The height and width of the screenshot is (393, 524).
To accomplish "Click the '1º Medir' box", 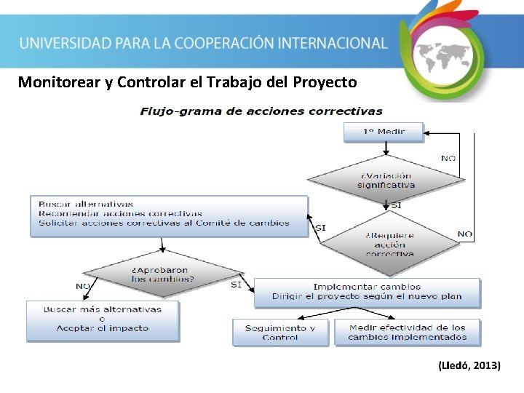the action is (x=384, y=132).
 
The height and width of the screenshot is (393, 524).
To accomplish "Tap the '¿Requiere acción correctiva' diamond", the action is (x=389, y=244).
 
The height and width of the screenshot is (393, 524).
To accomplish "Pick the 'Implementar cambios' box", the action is (x=367, y=292).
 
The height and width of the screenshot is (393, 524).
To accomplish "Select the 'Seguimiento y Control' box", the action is (x=280, y=333).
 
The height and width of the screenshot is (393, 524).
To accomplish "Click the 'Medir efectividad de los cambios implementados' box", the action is (x=408, y=333).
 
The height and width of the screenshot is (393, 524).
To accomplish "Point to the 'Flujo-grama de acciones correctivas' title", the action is (x=261, y=111).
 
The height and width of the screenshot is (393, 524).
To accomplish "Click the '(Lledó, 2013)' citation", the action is (x=469, y=365).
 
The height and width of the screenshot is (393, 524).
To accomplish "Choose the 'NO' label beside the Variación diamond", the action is (x=448, y=158).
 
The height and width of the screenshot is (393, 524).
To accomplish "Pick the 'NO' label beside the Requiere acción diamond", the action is (x=464, y=234).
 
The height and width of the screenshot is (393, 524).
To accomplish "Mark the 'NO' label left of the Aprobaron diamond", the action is (x=82, y=285).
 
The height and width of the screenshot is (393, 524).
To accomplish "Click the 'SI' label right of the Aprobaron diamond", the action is (x=236, y=285).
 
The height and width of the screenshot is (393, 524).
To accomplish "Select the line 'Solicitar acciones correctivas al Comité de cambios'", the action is (x=164, y=223).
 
